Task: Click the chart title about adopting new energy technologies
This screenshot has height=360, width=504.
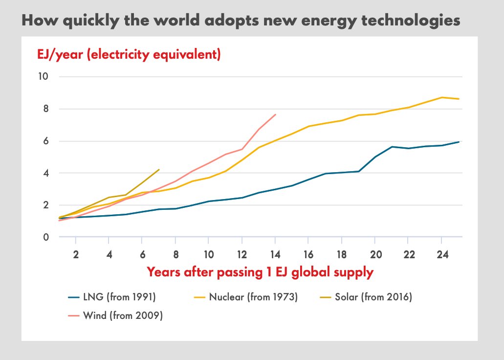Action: tap(241, 21)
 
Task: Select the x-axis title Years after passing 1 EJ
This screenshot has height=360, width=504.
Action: tap(260, 272)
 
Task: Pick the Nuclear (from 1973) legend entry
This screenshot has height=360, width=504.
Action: tap(246, 297)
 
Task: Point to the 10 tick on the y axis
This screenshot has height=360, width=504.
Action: tap(43, 77)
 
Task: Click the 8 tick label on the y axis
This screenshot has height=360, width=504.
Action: tap(45, 109)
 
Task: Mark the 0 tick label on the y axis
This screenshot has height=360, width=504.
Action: tap(45, 237)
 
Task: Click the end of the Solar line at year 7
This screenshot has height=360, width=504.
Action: tap(159, 169)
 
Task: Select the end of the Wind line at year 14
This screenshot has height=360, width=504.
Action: tap(276, 114)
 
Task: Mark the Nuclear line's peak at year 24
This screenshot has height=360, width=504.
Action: tap(442, 97)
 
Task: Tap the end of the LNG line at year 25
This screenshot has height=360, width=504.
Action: tap(459, 142)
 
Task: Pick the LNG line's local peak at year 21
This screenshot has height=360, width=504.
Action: tap(392, 147)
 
